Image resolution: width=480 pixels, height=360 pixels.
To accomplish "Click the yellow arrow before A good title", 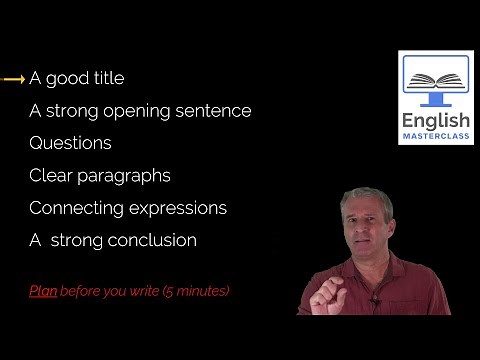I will tap(14, 78).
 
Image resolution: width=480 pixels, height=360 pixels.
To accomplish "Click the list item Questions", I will tap(70, 143).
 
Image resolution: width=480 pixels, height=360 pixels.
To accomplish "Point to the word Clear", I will tap(50, 176).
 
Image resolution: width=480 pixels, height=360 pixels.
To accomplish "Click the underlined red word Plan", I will tap(42, 291).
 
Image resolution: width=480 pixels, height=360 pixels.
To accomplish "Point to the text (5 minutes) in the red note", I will tap(194, 291).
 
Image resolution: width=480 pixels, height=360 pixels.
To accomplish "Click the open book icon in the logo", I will tap(435, 80).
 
